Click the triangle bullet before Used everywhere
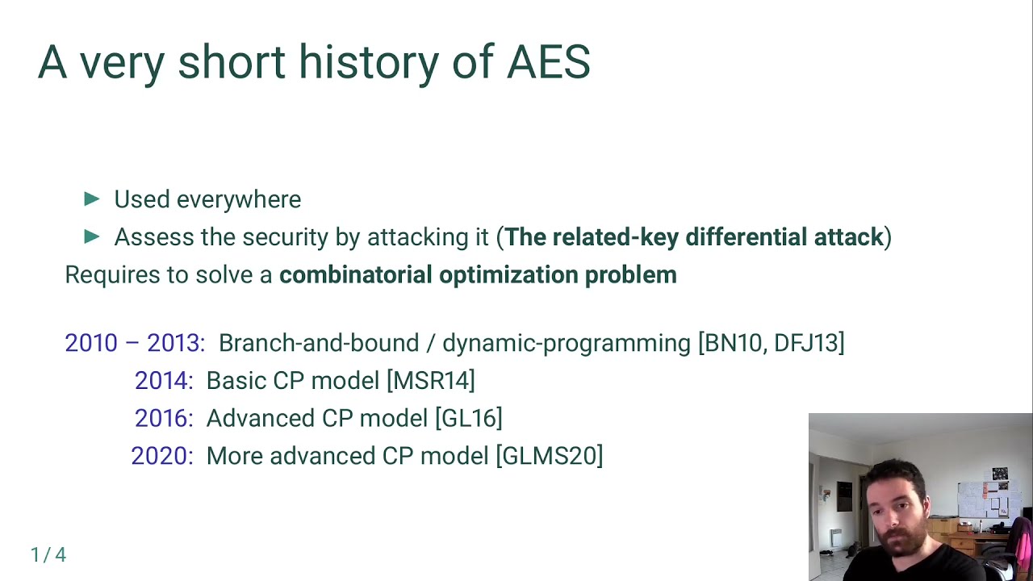pos(92,199)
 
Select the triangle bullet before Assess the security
pos(92,236)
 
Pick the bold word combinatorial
pos(355,275)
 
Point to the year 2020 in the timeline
pos(159,456)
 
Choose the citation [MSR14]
pos(431,381)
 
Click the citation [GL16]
pos(468,419)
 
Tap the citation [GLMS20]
pos(549,456)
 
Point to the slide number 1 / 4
pos(48,555)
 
